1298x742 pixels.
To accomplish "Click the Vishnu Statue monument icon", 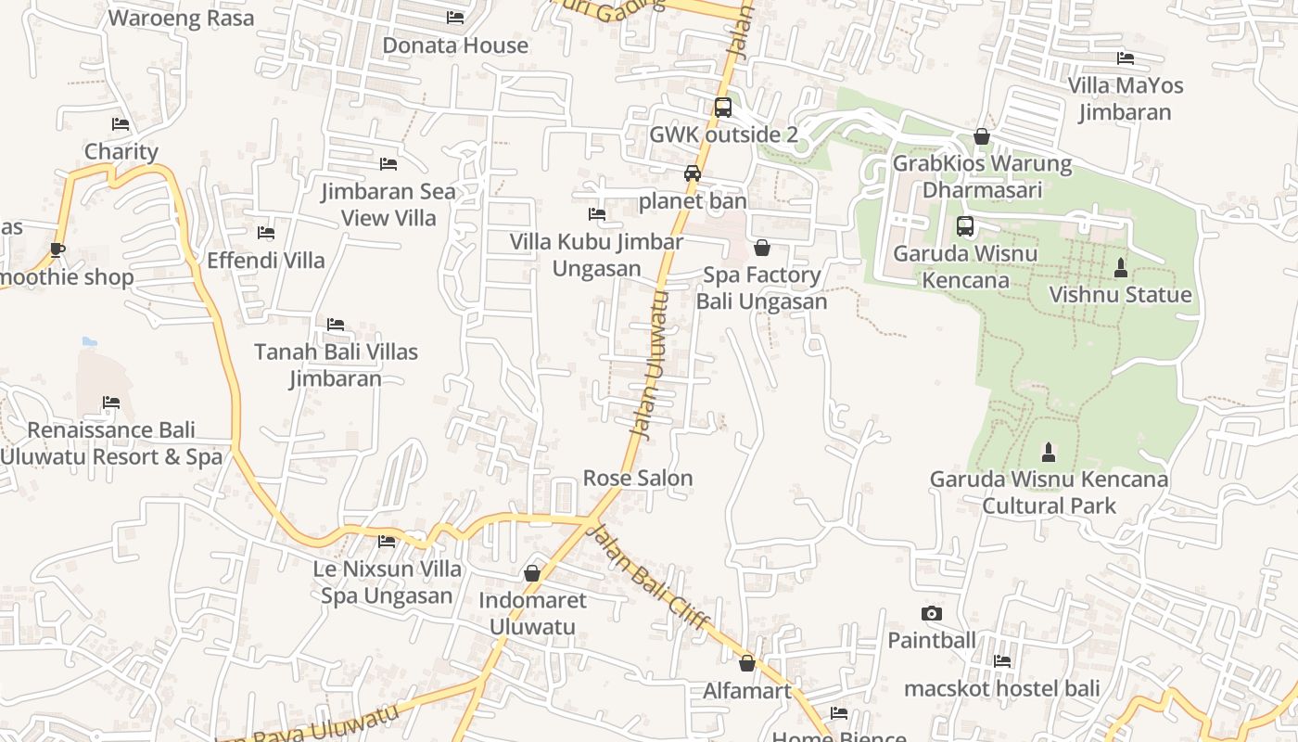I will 1120,268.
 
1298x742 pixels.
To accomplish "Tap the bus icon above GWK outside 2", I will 723,108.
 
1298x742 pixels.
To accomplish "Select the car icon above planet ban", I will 693,173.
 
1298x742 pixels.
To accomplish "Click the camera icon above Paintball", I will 932,613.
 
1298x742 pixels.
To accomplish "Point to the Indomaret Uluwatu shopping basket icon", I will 532,573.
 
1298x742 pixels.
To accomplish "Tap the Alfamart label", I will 747,690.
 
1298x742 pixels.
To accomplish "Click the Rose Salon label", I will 638,478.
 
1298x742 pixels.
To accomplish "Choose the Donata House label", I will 455,45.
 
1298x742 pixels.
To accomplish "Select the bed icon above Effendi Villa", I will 266,233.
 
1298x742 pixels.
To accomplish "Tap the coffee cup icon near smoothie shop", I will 57,249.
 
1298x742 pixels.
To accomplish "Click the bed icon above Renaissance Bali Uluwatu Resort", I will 111,403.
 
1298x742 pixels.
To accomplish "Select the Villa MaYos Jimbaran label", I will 1126,98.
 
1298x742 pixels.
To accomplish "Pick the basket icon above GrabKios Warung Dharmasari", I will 982,137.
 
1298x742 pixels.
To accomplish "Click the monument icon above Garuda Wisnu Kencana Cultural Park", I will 1049,453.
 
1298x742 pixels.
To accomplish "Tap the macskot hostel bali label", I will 1001,688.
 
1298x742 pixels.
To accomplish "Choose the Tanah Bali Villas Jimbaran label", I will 336,365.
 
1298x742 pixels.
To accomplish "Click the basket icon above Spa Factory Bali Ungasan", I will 762,248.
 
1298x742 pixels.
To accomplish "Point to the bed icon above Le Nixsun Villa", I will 387,541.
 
